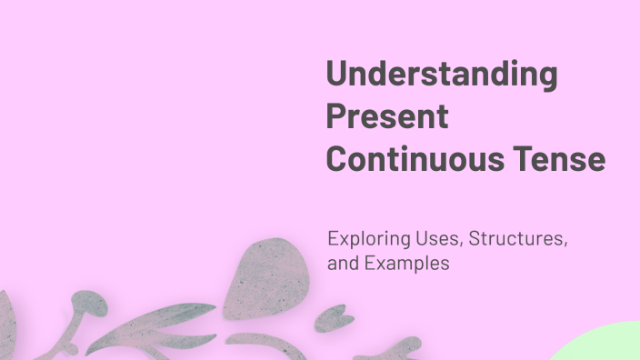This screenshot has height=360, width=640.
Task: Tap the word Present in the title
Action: tap(387, 117)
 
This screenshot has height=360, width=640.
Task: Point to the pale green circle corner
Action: tap(605, 346)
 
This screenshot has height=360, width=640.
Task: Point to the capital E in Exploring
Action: tap(333, 241)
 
